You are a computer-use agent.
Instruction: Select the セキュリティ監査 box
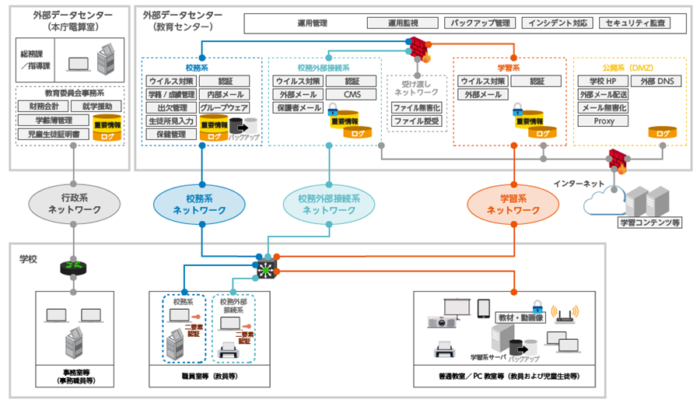640,23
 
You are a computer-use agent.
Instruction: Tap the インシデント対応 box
556,23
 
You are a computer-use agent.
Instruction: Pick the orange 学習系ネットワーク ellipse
514,204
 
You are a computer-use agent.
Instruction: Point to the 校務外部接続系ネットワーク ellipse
330,204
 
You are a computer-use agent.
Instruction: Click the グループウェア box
223,107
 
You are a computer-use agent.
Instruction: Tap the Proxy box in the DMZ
604,121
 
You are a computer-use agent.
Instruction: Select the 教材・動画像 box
523,317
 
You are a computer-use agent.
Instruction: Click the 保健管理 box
170,134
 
